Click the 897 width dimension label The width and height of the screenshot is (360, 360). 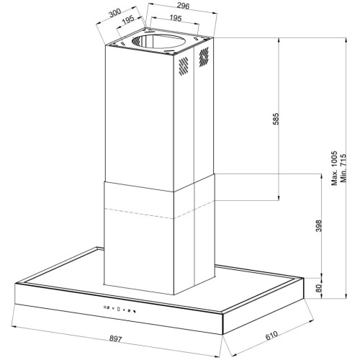(x=116, y=338)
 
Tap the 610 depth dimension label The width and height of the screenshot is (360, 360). (x=271, y=336)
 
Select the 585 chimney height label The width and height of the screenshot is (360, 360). (x=276, y=119)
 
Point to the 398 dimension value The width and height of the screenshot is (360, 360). (x=318, y=225)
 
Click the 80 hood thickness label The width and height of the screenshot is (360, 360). (x=318, y=288)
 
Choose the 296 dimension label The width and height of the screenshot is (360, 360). (x=183, y=6)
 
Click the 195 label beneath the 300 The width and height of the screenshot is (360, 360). (x=128, y=20)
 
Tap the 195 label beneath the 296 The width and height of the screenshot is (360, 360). (x=176, y=18)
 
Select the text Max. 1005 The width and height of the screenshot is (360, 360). (x=334, y=168)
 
